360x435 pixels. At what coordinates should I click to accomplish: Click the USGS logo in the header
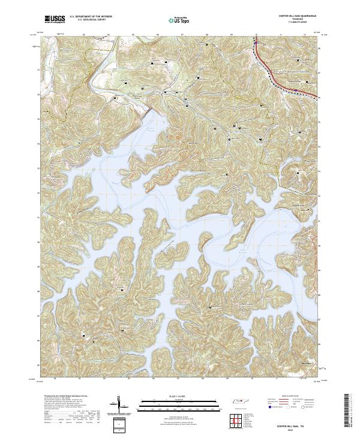click(x=54, y=20)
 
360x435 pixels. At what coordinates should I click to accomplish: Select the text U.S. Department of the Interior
click(x=89, y=17)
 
